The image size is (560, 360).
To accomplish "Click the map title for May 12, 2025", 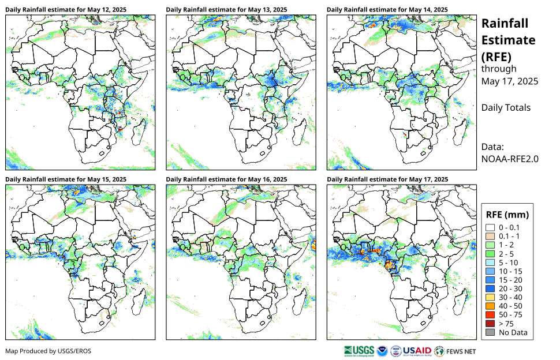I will click(66, 10).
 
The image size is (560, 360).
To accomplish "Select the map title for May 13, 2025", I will click(227, 10).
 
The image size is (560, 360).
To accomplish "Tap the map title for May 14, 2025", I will click(387, 10).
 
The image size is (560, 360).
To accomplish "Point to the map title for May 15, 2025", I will click(66, 180).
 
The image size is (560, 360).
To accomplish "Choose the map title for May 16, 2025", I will click(227, 180).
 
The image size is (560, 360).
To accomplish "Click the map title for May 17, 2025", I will click(387, 180).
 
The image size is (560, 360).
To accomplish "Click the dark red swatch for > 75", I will click(490, 324).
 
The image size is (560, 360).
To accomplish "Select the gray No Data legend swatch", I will click(490, 332).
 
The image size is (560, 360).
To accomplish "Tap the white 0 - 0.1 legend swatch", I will click(490, 228).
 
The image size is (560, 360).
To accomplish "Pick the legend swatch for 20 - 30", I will click(490, 288).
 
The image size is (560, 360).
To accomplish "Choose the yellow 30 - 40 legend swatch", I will click(490, 297).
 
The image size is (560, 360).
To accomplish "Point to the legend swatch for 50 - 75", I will click(490, 315).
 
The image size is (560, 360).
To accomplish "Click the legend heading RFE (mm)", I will click(507, 214).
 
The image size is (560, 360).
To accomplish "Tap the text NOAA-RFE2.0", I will click(510, 159).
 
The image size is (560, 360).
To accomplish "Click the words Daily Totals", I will click(506, 107).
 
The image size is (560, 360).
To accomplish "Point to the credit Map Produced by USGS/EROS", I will click(48, 351).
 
